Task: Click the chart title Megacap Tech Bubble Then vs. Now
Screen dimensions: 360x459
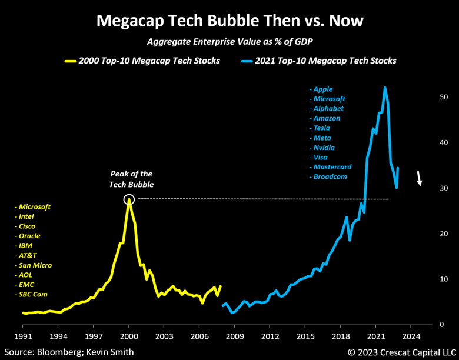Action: point(229,21)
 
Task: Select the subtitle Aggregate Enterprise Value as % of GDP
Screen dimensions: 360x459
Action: point(229,42)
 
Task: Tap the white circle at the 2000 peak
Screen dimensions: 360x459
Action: point(129,200)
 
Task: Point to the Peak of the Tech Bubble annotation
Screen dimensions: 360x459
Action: point(131,178)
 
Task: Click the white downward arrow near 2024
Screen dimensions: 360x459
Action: point(419,178)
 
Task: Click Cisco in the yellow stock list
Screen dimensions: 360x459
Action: point(27,226)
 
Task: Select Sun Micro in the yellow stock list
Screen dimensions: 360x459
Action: point(35,265)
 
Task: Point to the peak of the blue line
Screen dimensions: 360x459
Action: point(385,88)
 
